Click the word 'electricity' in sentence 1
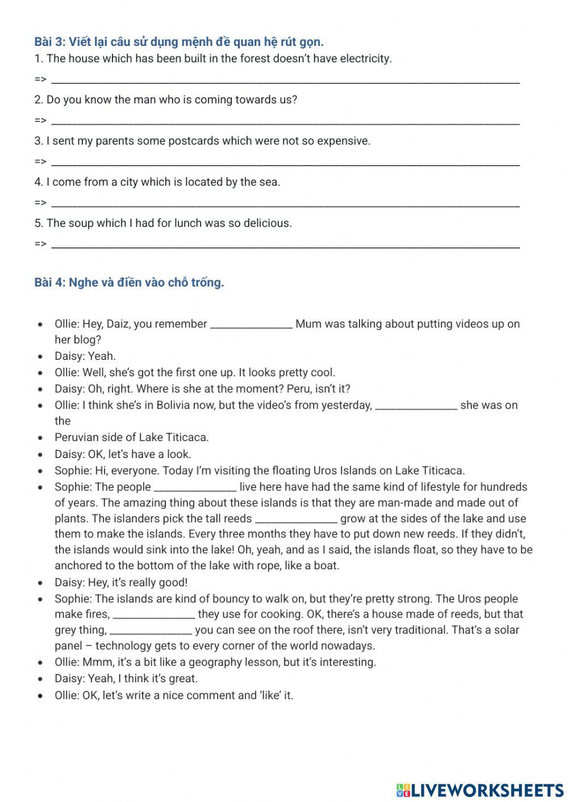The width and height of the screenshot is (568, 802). point(365,58)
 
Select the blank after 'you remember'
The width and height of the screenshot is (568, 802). point(251,325)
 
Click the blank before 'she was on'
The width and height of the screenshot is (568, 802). point(416,406)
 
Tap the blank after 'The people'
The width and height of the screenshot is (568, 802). point(195,488)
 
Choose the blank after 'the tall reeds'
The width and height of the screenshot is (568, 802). point(296,519)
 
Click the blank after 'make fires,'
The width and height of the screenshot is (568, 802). point(154,615)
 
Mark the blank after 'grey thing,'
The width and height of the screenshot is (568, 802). point(151,631)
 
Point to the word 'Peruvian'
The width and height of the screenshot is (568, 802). point(77,438)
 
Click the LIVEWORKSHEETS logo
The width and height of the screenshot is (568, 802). point(479,790)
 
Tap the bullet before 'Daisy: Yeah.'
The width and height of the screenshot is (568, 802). point(40,357)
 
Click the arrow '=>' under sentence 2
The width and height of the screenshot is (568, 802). point(40,120)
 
